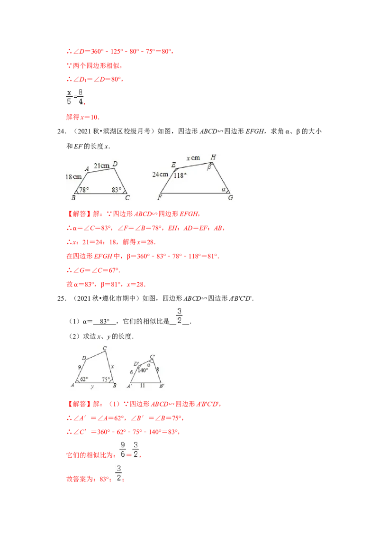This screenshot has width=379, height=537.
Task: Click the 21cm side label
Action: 101,166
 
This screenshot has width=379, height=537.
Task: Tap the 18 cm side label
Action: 73,176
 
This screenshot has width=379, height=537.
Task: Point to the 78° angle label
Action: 84,190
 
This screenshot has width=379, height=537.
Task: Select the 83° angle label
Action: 117,190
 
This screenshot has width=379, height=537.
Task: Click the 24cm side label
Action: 161,174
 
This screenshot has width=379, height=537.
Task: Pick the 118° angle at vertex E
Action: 180,175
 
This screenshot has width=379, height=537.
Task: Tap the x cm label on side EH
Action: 193,158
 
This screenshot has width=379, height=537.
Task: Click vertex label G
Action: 231,198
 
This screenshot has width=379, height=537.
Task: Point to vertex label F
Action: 161,197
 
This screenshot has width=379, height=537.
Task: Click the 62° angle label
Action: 84,380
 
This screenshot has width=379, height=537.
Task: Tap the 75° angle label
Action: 106,380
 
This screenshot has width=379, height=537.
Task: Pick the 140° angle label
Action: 143,370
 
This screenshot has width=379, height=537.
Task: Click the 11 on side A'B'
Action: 143,386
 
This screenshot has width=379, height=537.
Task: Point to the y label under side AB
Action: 92,387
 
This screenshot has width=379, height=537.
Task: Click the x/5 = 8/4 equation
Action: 75,97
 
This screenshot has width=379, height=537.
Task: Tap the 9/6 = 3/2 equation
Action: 129,450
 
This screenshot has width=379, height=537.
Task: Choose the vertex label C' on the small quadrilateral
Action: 153,357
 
